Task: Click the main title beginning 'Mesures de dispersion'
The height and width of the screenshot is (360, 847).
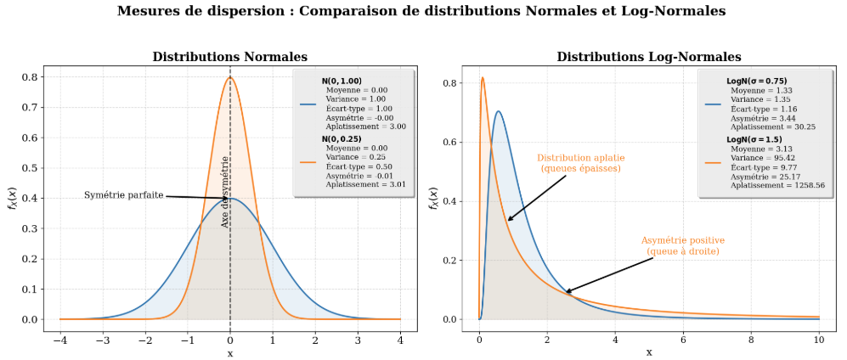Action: pyautogui.click(x=421, y=12)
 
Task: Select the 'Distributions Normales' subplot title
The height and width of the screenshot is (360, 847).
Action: pyautogui.click(x=229, y=57)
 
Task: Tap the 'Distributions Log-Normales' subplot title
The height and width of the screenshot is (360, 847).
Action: pyautogui.click(x=649, y=57)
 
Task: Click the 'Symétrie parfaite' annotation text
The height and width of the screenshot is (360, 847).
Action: pyautogui.click(x=124, y=195)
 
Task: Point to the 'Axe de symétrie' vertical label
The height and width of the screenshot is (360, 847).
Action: pyautogui.click(x=225, y=191)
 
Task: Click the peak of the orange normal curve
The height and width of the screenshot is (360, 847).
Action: pyautogui.click(x=230, y=77)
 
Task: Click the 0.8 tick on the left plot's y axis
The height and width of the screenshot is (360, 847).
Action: pyautogui.click(x=28, y=77)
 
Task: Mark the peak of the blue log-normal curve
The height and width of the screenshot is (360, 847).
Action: pyautogui.click(x=498, y=111)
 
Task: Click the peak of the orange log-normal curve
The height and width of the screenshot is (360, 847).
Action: pyautogui.click(x=483, y=77)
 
